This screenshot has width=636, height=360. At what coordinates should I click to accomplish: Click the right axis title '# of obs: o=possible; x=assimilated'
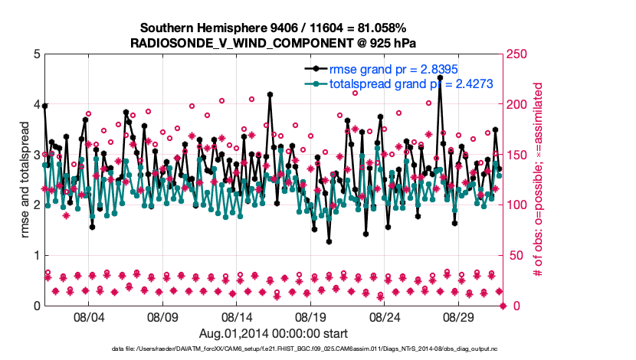click(x=539, y=180)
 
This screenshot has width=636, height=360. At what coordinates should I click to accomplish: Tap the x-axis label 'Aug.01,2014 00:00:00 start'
click(x=273, y=333)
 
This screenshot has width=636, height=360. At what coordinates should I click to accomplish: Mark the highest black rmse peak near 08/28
click(x=440, y=77)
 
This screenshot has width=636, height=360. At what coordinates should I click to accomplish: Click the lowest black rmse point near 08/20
click(x=329, y=241)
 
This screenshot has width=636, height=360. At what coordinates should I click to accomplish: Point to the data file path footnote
click(x=273, y=349)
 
